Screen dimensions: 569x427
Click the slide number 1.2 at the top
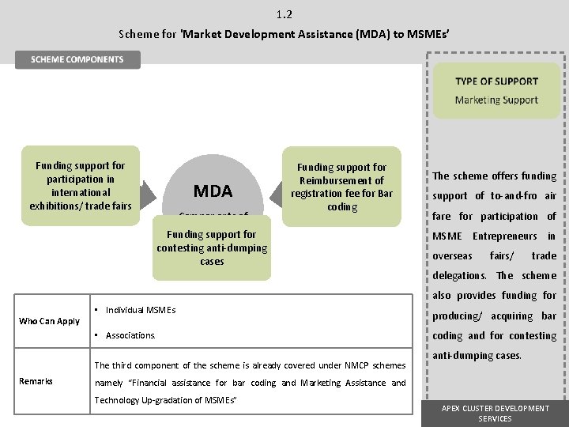pos(284,14)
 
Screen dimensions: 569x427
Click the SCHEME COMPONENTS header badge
pos(77,59)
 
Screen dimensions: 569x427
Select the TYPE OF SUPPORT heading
pos(496,81)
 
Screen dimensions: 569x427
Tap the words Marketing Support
pos(496,100)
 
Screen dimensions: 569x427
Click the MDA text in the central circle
pos(213,191)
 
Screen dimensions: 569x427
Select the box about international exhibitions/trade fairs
pos(81,186)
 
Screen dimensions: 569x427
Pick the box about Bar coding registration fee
pos(341,187)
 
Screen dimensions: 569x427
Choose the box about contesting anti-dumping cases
pos(212,248)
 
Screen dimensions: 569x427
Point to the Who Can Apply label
pos(49,321)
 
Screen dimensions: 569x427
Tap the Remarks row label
pos(36,381)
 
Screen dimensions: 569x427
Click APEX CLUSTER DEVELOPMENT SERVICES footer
pos(496,413)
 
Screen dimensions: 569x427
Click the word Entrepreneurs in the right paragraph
pos(505,236)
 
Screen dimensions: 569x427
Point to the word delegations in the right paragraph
pos(459,276)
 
